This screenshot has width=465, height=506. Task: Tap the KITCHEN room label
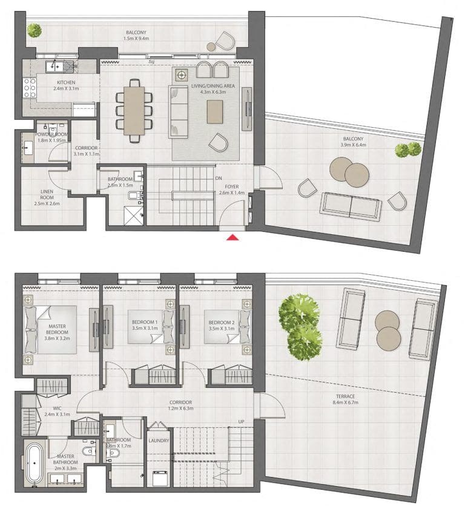pyautogui.click(x=66, y=82)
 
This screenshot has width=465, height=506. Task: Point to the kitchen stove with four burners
pyautogui.click(x=30, y=89)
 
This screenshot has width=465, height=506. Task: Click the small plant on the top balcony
pyautogui.click(x=34, y=29)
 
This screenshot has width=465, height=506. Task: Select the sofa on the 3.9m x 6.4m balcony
pyautogui.click(x=351, y=206)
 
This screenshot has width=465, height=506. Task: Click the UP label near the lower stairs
pyautogui.click(x=241, y=422)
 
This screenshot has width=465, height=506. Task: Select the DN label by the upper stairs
pyautogui.click(x=219, y=179)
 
